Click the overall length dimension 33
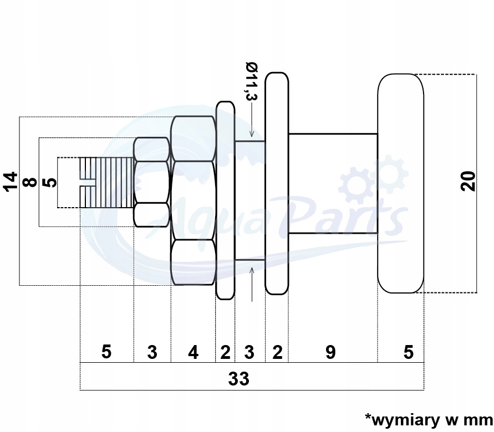(239, 379)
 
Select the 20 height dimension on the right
(469, 181)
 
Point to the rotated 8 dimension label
(30, 181)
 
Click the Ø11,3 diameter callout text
(252, 83)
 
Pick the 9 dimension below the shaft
(330, 352)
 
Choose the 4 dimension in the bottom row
(192, 352)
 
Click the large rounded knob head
(400, 183)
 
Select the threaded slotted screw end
(105, 183)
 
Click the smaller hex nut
(152, 182)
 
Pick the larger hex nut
(192, 200)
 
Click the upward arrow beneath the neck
(252, 282)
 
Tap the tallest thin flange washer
(276, 183)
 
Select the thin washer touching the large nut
(225, 200)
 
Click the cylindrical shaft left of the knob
(333, 183)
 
